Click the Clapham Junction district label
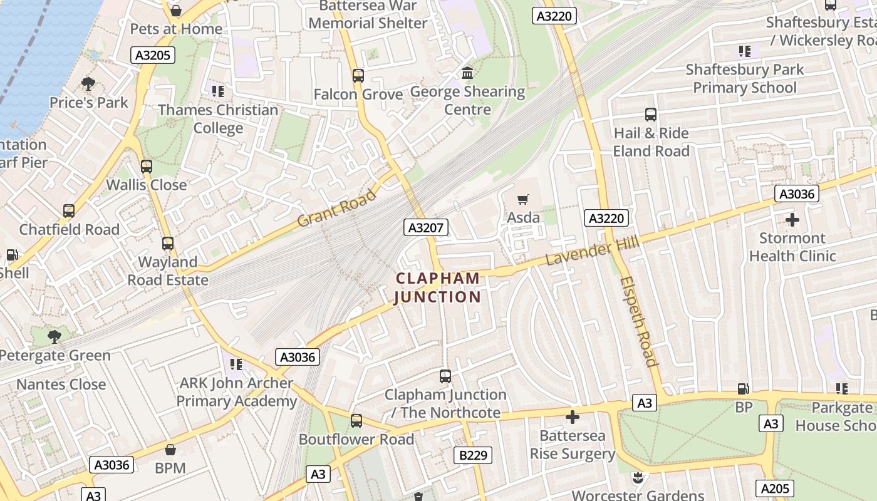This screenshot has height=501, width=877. [437, 287]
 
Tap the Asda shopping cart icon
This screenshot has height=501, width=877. [522, 200]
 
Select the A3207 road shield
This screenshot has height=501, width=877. [426, 227]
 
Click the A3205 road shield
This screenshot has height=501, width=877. [153, 55]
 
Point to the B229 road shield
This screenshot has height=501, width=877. [473, 455]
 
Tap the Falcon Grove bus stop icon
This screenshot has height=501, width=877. [358, 76]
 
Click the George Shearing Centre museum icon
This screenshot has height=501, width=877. [467, 73]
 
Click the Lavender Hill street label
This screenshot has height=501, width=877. [592, 250]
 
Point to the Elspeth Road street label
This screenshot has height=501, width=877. [639, 321]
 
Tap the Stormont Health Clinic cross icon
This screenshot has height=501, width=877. [792, 220]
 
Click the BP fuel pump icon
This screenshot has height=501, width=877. [744, 389]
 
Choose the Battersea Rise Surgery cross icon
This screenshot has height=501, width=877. [573, 417]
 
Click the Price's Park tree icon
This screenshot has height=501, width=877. [88, 84]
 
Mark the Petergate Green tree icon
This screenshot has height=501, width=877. [54, 337]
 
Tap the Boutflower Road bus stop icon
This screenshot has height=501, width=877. [356, 421]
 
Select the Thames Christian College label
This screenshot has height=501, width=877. [218, 119]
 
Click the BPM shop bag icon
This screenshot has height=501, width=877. [170, 450]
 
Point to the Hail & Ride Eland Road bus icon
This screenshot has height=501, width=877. [651, 115]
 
